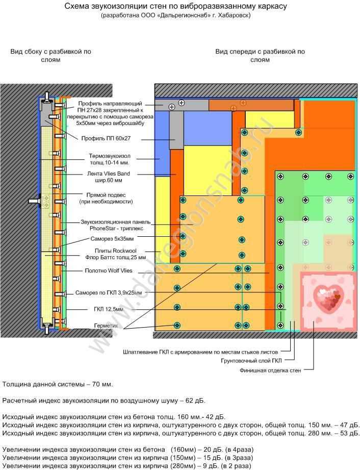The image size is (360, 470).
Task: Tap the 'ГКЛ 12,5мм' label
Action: pos(108,309)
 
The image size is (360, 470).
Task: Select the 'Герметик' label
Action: pos(106,325)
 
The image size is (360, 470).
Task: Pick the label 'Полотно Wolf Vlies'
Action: pos(108,270)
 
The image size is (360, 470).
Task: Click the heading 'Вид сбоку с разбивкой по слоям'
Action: pos(51,56)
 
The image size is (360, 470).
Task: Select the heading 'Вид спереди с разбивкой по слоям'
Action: pos(260,56)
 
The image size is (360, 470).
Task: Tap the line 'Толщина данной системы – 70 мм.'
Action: pos(58,384)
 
